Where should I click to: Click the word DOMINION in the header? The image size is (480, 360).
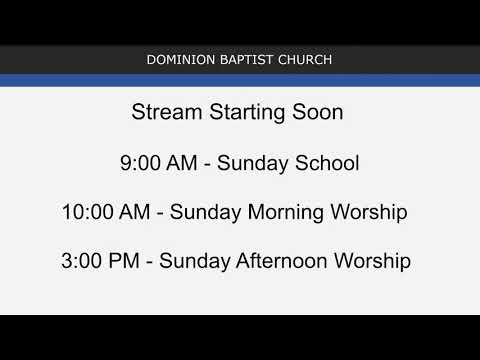pos(177,60)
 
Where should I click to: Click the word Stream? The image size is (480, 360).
pos(163,112)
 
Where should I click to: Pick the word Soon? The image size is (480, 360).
pos(319,112)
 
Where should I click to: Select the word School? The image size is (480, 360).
pos(326,162)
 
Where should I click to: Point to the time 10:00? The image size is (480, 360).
pos(86,212)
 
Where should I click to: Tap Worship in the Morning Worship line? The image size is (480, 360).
pos(369,213)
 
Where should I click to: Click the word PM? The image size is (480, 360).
pos(128,262)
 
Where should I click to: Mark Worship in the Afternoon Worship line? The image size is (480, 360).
pos(374,262)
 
